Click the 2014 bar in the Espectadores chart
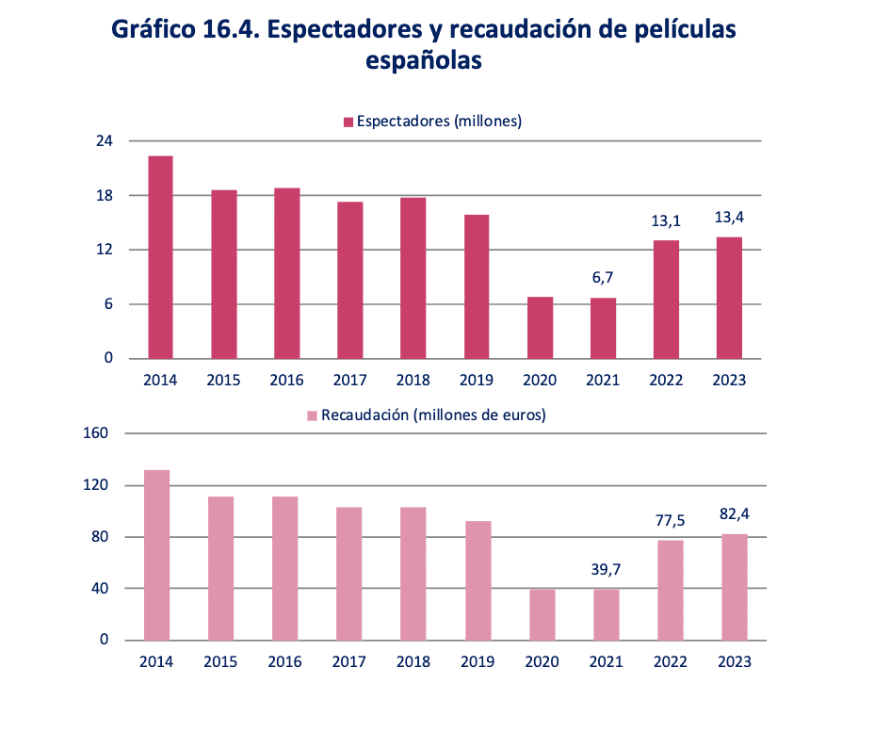coord(160,257)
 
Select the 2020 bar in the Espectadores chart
coord(540,328)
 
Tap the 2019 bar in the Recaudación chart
coord(478,580)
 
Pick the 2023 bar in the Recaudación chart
coord(735,587)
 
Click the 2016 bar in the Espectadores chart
coord(286,273)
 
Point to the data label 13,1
coord(666,221)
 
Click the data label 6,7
coord(603,279)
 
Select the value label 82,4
coord(735,514)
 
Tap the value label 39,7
coord(607,569)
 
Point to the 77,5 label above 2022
coord(671,520)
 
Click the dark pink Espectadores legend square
coord(348,122)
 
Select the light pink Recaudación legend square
coord(312,415)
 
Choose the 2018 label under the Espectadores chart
coord(413,381)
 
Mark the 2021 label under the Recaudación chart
coord(607,662)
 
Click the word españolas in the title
coord(424,61)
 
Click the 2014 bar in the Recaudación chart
coord(156,555)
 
